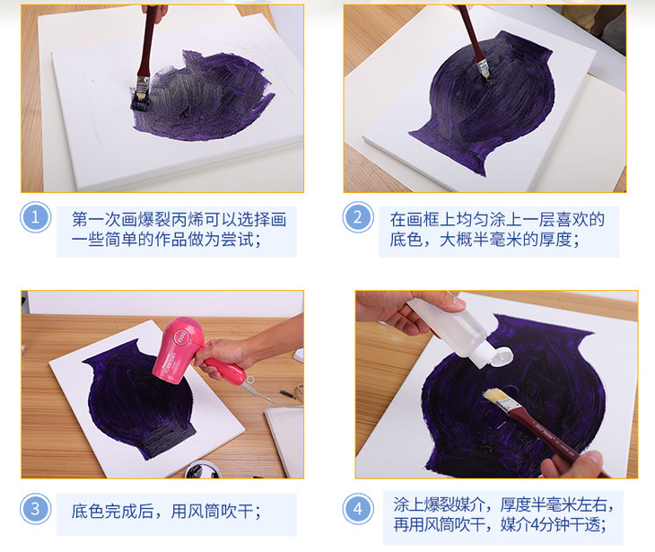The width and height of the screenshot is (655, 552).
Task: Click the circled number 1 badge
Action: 36,217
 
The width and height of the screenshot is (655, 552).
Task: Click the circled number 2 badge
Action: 358,217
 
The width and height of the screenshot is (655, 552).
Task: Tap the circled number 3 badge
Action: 36,509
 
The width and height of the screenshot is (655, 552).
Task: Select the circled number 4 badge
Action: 358,509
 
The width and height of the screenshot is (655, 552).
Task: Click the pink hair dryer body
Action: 173,351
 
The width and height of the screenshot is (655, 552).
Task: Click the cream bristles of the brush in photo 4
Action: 496,396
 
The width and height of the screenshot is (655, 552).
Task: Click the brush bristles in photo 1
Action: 140,101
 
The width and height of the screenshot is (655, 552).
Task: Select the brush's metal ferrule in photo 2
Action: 482,66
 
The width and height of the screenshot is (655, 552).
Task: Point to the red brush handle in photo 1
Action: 147,42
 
